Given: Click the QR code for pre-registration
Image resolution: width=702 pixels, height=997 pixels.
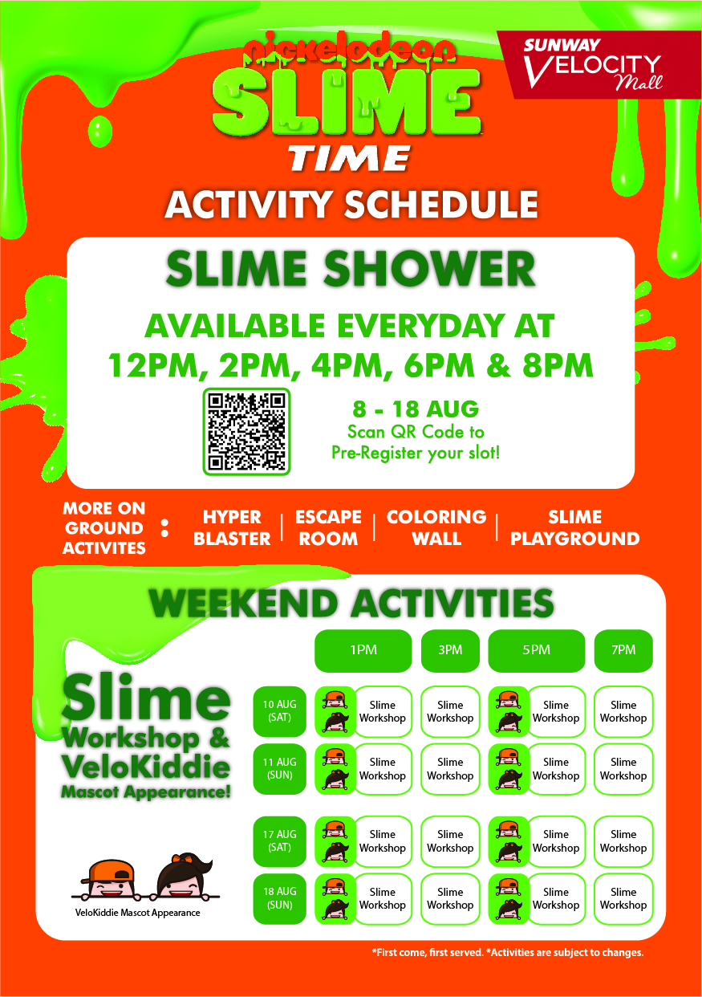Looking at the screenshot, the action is coord(246,431).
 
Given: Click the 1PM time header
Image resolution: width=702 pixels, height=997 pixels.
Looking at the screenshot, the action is coord(363,650).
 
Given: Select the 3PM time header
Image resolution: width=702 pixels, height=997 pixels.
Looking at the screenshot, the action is coord(450,650).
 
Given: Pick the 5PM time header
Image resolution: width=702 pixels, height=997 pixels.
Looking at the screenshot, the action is coord(537,650).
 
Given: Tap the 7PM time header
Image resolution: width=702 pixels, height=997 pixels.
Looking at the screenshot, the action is coord(623,650).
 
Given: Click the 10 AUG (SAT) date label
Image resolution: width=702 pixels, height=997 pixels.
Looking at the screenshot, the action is coord(279,711).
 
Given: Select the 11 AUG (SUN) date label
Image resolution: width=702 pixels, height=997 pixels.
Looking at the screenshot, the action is coord(279,769).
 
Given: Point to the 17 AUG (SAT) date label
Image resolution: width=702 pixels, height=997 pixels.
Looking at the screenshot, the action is coord(279,841).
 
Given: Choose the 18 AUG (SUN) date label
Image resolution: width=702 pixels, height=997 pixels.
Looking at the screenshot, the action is coord(279,898).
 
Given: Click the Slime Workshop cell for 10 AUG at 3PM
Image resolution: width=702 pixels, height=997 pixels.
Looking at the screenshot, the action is coord(450,711).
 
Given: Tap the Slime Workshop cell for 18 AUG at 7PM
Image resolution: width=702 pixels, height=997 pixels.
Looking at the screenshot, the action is coord(623,898).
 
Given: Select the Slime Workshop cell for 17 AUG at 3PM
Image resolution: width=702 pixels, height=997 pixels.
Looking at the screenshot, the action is coord(450,841).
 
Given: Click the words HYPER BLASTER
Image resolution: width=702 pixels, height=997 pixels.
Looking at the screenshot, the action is coord(232,528).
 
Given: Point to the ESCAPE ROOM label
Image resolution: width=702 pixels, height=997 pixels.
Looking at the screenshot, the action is coord(328,528).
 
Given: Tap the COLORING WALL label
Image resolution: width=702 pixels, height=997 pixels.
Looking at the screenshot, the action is coord(436,528).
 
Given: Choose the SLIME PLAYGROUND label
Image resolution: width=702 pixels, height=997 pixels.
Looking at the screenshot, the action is coord(574,528).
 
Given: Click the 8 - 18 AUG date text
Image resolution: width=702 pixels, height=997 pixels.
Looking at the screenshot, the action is coord(416,409).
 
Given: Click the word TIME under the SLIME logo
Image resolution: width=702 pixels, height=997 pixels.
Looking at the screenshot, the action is coord(349,158).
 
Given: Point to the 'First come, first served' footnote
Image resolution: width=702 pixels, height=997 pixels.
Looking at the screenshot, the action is coord(428,953).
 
